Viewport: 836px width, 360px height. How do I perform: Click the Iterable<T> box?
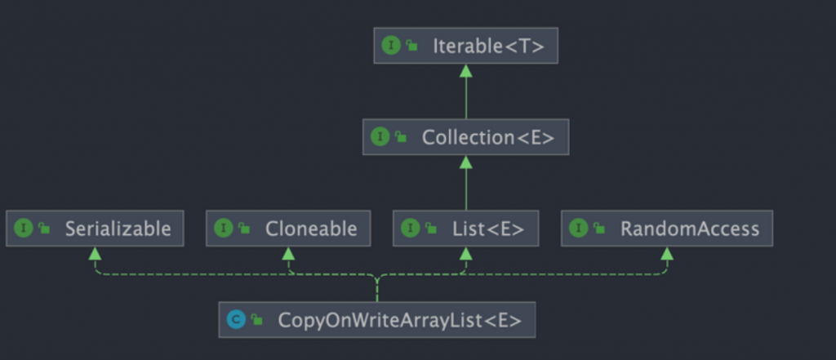tap(465, 46)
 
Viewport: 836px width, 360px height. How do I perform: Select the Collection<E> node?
tap(465, 137)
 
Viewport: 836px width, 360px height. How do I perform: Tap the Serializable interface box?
tap(95, 229)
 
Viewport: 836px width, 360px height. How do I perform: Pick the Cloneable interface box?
tap(288, 229)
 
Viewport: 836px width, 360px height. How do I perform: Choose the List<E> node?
tap(465, 229)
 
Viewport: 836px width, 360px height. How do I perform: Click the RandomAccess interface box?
tap(666, 229)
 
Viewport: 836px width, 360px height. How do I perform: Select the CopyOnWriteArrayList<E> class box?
tap(377, 320)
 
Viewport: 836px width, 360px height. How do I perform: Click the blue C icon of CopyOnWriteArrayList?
tap(236, 320)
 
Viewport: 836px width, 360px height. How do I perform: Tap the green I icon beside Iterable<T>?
tap(391, 46)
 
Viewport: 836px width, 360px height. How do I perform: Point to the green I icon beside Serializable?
tap(24, 229)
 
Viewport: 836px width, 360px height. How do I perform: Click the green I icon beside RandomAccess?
tap(579, 229)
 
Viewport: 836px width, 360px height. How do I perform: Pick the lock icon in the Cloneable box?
tap(244, 229)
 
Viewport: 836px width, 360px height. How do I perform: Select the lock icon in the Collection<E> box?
tap(401, 137)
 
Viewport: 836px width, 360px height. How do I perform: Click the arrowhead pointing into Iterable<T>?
tap(465, 70)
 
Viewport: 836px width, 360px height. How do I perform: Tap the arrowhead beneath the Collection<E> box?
tap(465, 162)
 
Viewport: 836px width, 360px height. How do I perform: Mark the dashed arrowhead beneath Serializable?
tap(95, 253)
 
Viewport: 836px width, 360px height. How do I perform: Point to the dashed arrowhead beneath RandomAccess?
tap(666, 253)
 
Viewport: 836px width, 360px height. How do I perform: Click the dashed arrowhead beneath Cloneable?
tap(288, 253)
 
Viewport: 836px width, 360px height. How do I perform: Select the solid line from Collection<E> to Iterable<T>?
tap(465, 98)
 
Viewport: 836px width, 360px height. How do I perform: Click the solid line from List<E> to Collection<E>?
tap(465, 189)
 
